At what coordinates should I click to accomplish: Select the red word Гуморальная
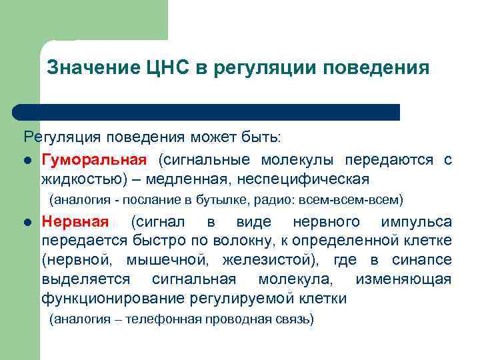[93, 160]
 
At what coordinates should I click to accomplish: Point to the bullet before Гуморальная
[27, 161]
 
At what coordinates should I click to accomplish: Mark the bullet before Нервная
[27, 222]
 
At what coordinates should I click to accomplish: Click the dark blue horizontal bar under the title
[207, 111]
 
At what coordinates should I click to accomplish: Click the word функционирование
[111, 298]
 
